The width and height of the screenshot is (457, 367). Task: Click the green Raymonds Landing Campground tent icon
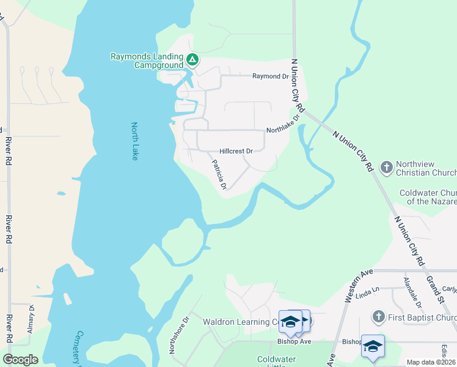(x=192, y=60)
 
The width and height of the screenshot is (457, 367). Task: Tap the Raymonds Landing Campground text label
(x=147, y=61)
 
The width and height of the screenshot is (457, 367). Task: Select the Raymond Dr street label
(x=270, y=76)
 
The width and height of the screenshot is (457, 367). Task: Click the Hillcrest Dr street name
(x=236, y=151)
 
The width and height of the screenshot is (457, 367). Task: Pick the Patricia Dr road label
(x=219, y=175)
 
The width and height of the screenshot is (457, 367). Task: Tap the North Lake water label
(x=135, y=141)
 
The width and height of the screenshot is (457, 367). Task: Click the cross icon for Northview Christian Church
(x=386, y=167)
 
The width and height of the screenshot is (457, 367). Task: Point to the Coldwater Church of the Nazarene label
(x=428, y=197)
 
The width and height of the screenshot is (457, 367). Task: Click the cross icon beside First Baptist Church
(x=378, y=317)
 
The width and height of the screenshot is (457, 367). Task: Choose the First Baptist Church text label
(x=422, y=317)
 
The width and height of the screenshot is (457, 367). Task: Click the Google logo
(x=20, y=360)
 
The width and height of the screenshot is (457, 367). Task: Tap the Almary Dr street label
(x=31, y=319)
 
